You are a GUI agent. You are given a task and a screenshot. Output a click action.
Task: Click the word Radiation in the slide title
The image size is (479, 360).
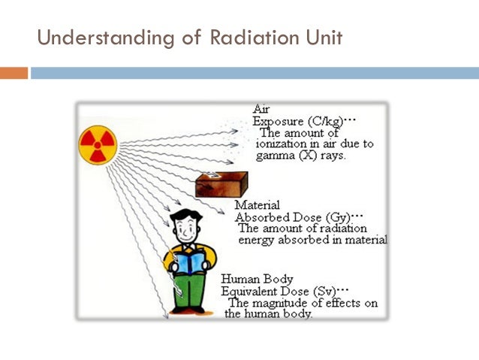click(246, 37)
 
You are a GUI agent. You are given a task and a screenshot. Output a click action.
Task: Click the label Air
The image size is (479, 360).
click(261, 109)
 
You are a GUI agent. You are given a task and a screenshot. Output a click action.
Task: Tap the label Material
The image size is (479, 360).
click(257, 204)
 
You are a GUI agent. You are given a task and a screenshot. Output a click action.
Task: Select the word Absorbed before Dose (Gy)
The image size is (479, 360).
click(260, 216)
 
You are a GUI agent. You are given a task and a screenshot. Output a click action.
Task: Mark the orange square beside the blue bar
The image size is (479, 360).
click(14, 73)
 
